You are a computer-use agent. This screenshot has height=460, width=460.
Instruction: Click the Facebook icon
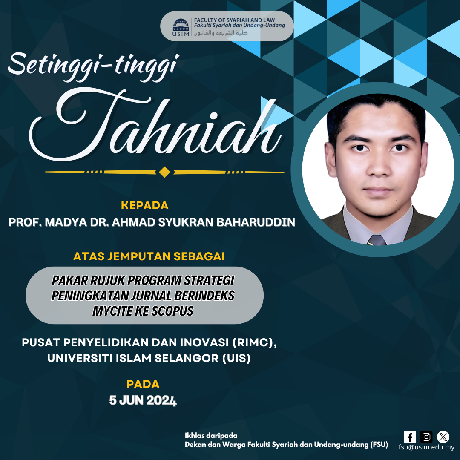pyautogui.click(x=410, y=437)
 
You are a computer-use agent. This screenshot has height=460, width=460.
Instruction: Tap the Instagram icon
pyautogui.click(x=426, y=437)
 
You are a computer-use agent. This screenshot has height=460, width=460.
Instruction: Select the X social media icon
pyautogui.click(x=443, y=437)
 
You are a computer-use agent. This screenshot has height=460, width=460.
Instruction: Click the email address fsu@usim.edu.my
pyautogui.click(x=426, y=447)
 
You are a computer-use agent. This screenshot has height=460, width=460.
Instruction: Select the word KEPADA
pyautogui.click(x=145, y=205)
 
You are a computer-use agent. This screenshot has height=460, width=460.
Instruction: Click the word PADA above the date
pyautogui.click(x=143, y=384)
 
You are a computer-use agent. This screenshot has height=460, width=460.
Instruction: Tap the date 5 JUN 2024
pyautogui.click(x=143, y=400)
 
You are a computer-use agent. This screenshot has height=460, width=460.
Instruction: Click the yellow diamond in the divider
pyautogui.click(x=164, y=172)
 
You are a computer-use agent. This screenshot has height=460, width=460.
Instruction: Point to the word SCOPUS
pyautogui.click(x=172, y=311)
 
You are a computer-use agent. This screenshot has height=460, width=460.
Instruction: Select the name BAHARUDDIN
pyautogui.click(x=256, y=222)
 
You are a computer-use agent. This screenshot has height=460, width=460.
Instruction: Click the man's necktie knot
pyautogui.click(x=377, y=240)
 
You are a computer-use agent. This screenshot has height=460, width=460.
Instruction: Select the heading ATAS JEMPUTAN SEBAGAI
pyautogui.click(x=149, y=256)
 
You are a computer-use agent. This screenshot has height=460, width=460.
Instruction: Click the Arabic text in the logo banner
pyautogui.click(x=221, y=33)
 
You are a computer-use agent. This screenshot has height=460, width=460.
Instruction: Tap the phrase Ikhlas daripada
pyautogui.click(x=211, y=435)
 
